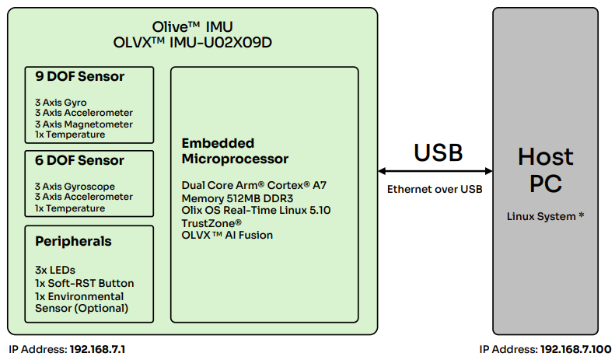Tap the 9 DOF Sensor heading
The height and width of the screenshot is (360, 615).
tap(79, 76)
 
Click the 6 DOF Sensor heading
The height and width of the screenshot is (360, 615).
tap(79, 160)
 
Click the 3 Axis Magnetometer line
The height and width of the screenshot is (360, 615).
tap(83, 124)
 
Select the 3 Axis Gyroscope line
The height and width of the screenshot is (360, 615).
tap(75, 187)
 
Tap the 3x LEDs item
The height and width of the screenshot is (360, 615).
tap(55, 270)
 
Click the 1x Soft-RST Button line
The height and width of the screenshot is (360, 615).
tap(84, 283)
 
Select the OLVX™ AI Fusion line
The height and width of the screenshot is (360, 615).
tap(227, 235)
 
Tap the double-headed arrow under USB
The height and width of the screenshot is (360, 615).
tap(435, 171)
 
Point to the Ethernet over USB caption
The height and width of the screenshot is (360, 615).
tap(435, 189)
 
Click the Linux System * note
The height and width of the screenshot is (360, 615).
tap(545, 216)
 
